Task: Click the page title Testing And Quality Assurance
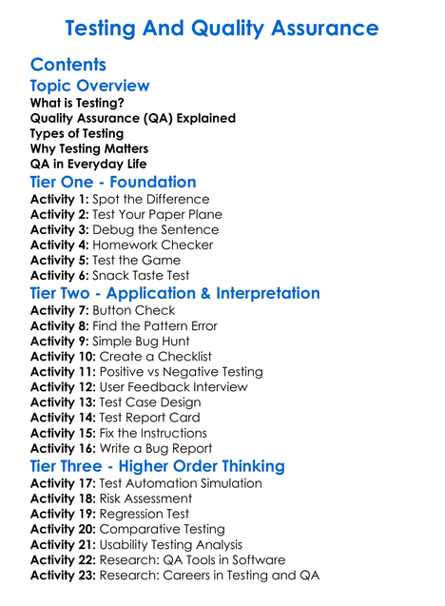coord(222,29)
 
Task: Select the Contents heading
coord(68,65)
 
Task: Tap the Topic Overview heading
coord(89,86)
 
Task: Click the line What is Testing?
coord(77,103)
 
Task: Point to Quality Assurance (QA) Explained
coord(132,118)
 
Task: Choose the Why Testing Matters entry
coord(89,148)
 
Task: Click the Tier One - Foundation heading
coord(113,182)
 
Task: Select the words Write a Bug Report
coord(156,448)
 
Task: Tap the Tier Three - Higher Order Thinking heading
coord(157,466)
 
